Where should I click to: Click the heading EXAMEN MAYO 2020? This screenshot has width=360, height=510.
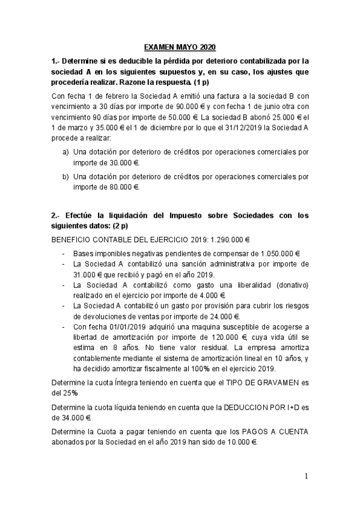pos(180,47)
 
